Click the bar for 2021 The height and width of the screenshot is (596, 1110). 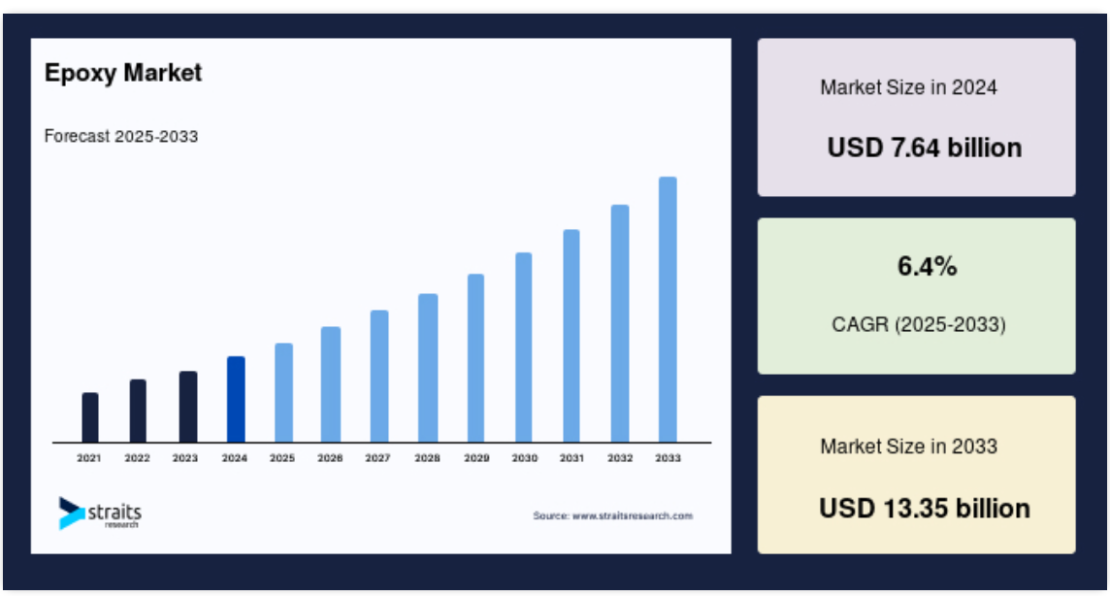tap(90, 417)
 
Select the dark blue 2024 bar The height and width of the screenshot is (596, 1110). tap(236, 399)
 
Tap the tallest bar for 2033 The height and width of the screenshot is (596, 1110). tap(668, 310)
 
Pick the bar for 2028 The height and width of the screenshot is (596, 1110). tap(428, 368)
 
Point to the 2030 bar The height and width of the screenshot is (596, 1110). tap(523, 348)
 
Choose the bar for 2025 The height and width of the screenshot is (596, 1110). tap(283, 393)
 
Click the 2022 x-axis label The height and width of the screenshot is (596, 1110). tap(138, 458)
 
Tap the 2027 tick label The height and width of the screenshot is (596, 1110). tap(378, 458)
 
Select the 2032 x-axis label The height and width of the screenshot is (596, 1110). tap(620, 458)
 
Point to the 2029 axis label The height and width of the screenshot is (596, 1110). tap(476, 458)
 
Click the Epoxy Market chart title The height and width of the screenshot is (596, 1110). tap(123, 73)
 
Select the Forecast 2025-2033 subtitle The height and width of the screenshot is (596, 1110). tap(121, 136)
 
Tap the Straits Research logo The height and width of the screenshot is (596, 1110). tap(100, 513)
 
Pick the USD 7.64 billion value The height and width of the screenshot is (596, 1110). tap(925, 148)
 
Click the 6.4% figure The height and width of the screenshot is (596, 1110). tap(928, 266)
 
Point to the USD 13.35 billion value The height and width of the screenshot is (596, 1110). tap(925, 509)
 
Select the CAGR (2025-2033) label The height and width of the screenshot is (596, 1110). tap(919, 324)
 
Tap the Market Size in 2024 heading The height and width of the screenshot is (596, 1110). tap(909, 87)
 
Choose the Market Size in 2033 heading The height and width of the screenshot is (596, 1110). tap(909, 446)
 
